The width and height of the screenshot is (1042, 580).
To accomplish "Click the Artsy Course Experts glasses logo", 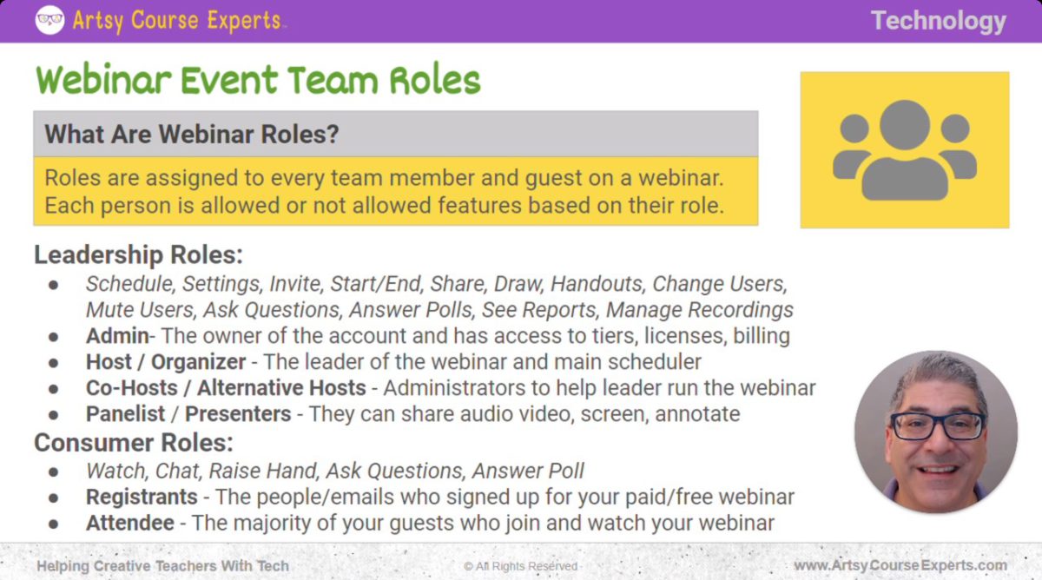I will [x=49, y=20].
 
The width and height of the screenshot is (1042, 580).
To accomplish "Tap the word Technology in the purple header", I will [x=938, y=21].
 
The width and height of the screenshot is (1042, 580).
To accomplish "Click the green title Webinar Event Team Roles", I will [x=258, y=81].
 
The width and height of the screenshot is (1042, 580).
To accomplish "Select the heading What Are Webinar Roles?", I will [x=191, y=135].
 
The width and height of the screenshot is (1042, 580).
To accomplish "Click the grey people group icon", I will [x=904, y=149].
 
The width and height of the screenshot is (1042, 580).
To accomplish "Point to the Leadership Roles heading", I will [x=138, y=255].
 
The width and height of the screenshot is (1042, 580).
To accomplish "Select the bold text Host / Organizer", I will [x=166, y=362].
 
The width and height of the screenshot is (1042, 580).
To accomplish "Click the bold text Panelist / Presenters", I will [x=188, y=414].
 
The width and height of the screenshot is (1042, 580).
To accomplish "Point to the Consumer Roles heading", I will [x=134, y=443].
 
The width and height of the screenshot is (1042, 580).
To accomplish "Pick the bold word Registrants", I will [x=142, y=498].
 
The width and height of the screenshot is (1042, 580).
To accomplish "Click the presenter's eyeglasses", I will [x=937, y=425].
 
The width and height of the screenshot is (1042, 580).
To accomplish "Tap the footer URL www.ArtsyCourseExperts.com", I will [x=900, y=565].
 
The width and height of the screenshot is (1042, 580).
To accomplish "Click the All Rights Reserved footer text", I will [x=521, y=566].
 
